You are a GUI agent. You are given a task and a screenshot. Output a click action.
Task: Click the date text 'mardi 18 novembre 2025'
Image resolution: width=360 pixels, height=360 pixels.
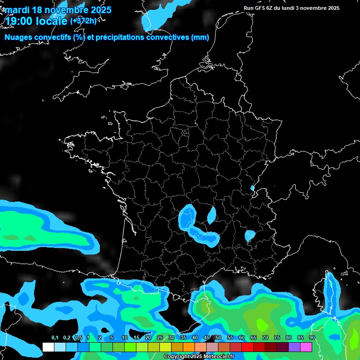[58, 10]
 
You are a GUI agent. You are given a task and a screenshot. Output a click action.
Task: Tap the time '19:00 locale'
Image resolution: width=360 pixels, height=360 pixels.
[37, 21]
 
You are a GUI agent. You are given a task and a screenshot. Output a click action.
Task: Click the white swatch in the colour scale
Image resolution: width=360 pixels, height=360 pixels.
[48, 347]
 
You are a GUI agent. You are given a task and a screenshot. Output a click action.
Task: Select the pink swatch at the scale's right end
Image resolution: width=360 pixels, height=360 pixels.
[306, 347]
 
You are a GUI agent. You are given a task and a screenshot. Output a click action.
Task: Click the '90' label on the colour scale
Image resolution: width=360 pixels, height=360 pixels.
[312, 337]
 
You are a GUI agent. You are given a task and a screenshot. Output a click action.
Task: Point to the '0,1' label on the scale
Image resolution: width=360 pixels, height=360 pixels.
[54, 337]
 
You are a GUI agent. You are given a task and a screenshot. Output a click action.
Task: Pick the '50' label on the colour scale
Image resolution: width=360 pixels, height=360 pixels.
[218, 337]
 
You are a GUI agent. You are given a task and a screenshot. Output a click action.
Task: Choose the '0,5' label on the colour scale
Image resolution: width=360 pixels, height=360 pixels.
[78, 337]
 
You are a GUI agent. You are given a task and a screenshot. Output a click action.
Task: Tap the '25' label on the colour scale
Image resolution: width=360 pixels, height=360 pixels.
[159, 337]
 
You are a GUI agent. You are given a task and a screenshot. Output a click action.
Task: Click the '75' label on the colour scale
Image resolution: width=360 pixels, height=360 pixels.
[277, 337]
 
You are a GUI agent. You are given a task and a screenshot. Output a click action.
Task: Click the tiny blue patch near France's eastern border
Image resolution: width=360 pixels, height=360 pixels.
[252, 188]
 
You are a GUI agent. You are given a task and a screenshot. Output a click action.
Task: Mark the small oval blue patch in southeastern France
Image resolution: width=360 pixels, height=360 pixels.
[249, 235]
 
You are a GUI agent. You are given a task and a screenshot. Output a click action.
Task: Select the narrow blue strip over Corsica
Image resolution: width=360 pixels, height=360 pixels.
[330, 283]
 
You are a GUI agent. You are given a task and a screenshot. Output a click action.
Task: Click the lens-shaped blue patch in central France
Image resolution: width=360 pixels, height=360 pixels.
[212, 215]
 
